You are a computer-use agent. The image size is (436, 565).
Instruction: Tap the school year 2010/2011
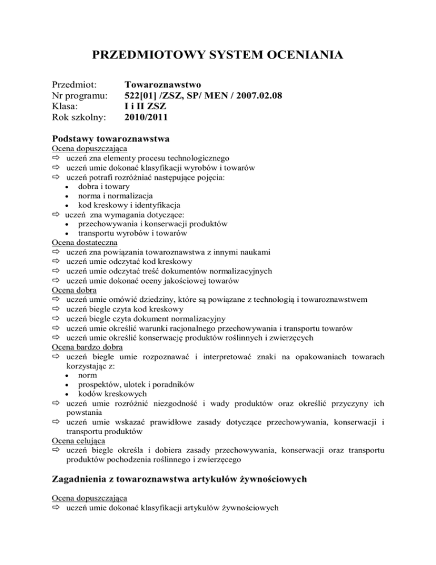tap(146, 118)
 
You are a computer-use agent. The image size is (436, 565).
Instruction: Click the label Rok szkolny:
tap(78, 118)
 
